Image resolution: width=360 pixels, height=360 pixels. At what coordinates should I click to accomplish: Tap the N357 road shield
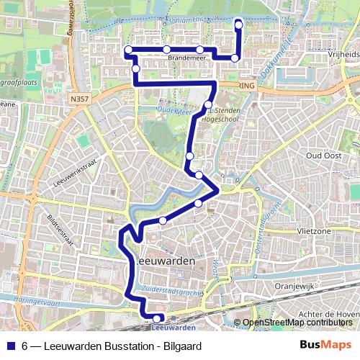[81, 96]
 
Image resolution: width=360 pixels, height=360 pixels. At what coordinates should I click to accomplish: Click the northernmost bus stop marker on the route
[238, 25]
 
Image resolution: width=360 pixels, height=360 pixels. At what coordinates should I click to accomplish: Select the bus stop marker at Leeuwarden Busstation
[158, 318]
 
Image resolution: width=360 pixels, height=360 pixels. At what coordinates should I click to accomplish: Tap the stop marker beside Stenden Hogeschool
[208, 105]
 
